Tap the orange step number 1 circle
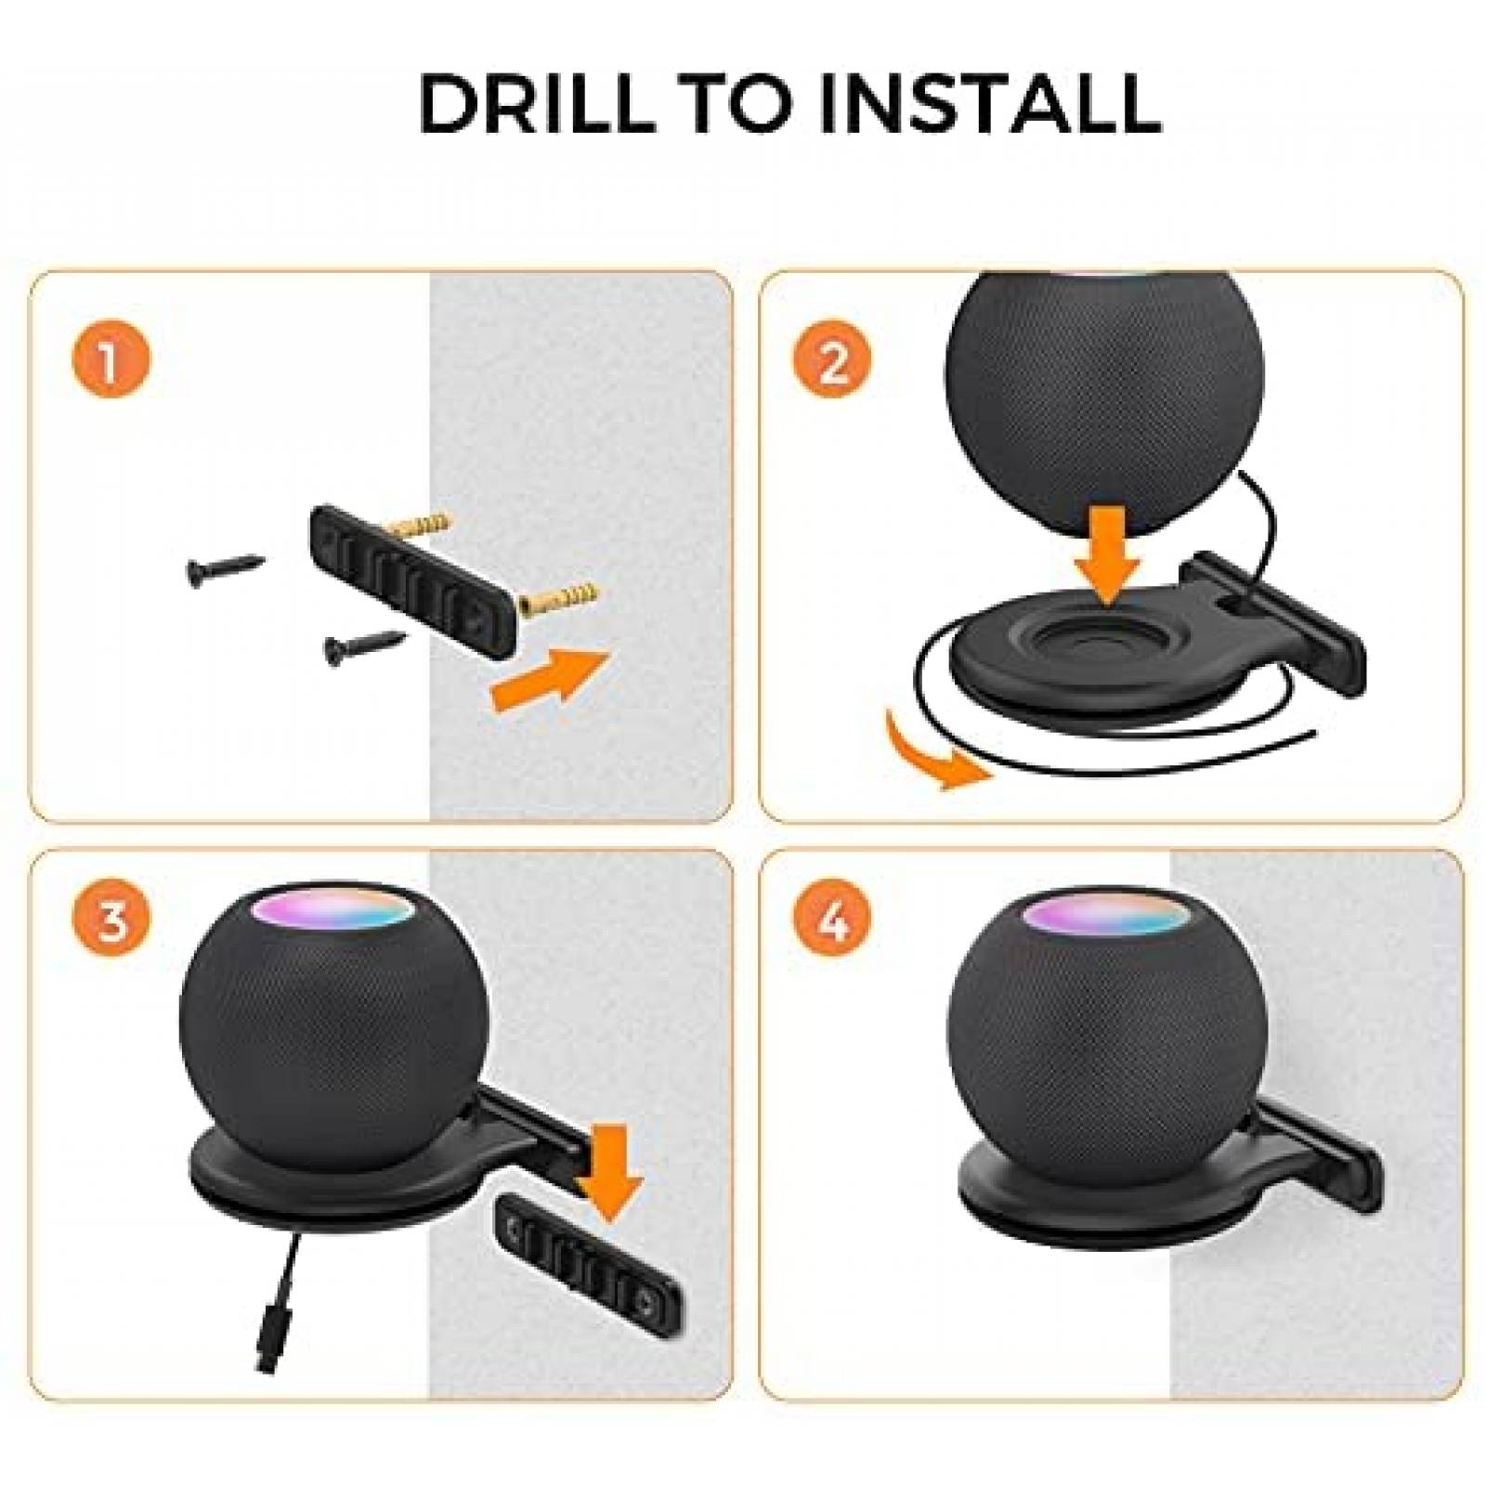(x=111, y=361)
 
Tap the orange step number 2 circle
(x=832, y=361)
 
